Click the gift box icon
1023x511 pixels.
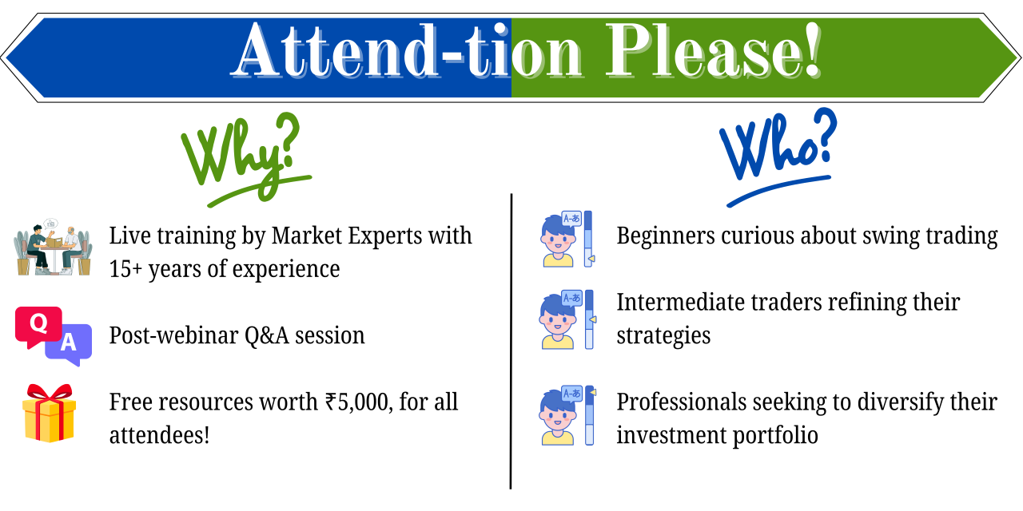pyautogui.click(x=49, y=413)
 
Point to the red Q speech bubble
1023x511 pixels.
pyautogui.click(x=37, y=325)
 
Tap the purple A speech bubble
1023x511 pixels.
pyautogui.click(x=69, y=344)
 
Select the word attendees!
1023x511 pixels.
pyautogui.click(x=159, y=435)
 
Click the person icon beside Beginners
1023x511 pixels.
pyautogui.click(x=559, y=240)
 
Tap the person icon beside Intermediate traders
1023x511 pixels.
pyautogui.click(x=559, y=321)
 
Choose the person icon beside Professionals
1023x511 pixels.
pyautogui.click(x=559, y=416)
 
